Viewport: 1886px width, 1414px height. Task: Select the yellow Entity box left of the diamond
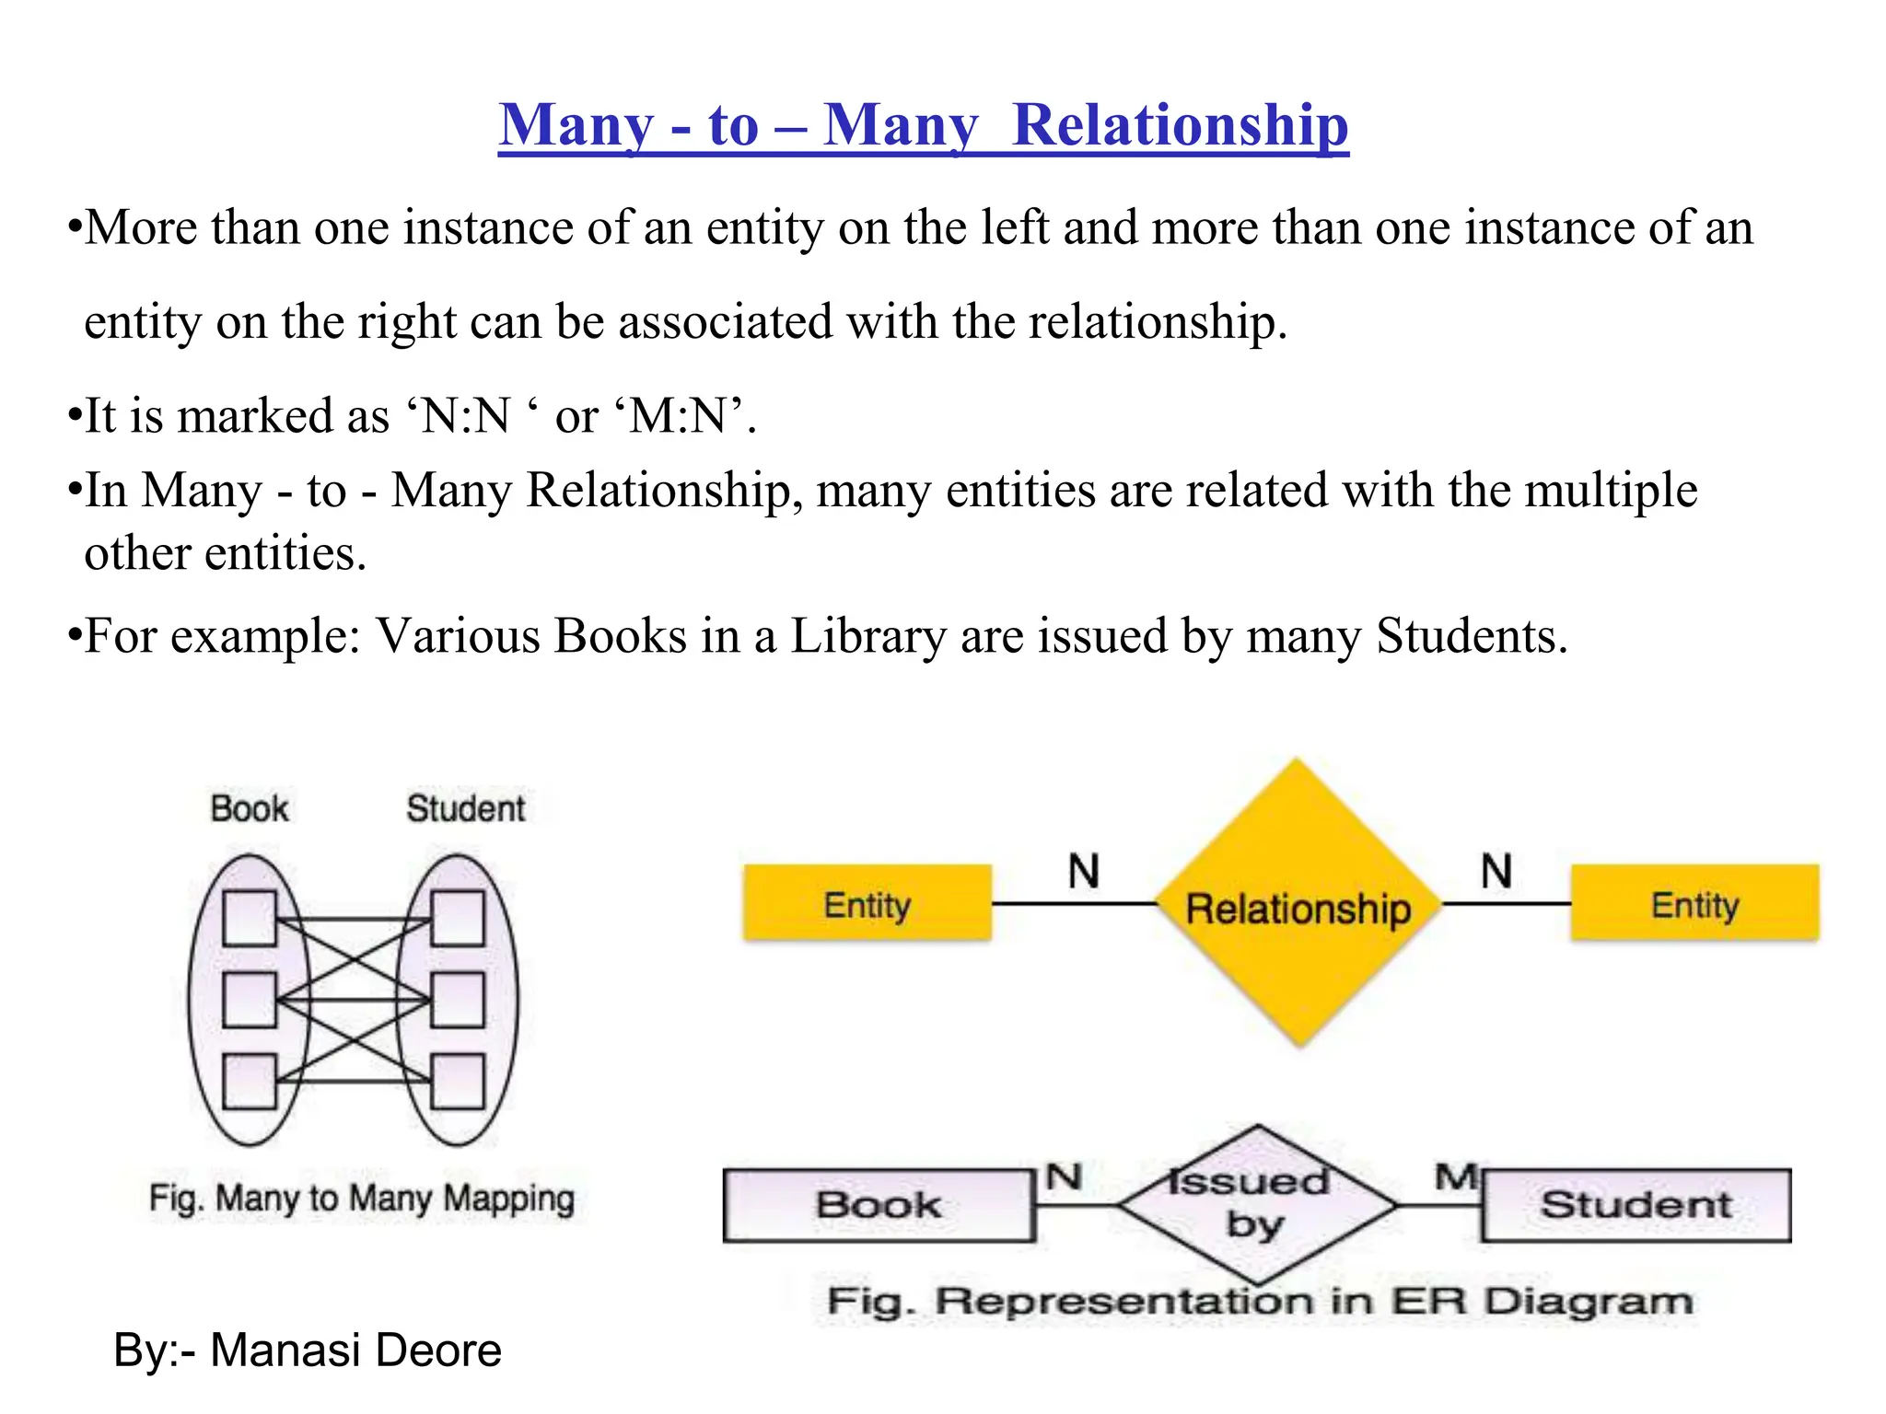(867, 903)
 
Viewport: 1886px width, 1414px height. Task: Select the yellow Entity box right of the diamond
(1694, 903)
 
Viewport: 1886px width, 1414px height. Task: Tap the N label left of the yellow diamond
(1084, 870)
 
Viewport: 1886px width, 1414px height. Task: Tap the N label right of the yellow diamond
(1496, 870)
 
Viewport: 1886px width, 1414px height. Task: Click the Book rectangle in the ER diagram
(879, 1205)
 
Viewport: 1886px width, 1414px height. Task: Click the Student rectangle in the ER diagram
(1636, 1205)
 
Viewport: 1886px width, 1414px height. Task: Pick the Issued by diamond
(1257, 1204)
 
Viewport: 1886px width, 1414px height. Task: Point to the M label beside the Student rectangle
(1456, 1176)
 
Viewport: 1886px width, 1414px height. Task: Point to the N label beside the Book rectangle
(1064, 1176)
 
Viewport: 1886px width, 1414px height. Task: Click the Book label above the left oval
(249, 809)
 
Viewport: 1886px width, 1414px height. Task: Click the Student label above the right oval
(465, 809)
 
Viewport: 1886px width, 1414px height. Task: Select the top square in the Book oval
(250, 918)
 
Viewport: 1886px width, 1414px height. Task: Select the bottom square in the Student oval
(458, 1081)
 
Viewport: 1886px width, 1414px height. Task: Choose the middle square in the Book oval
(250, 1000)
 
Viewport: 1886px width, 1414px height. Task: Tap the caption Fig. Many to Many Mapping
(361, 1199)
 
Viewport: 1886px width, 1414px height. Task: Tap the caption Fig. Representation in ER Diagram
(1259, 1302)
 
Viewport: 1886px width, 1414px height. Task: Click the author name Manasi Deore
(355, 1350)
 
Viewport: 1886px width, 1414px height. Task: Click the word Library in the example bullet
(867, 636)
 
